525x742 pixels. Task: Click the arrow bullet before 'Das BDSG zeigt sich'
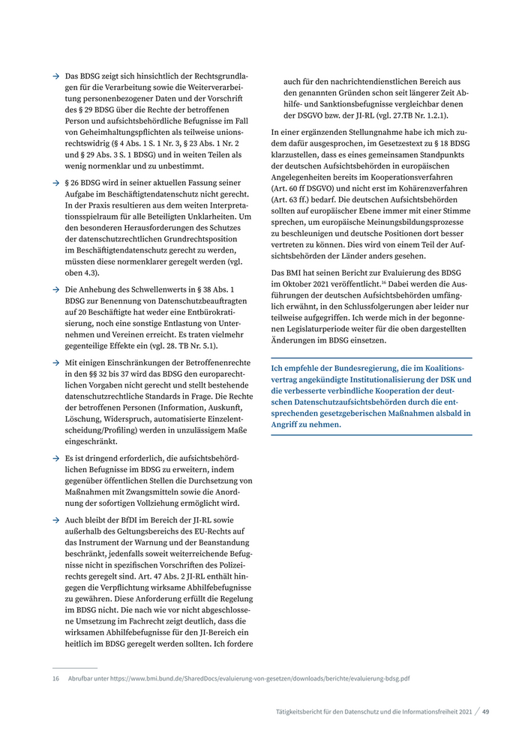pyautogui.click(x=56, y=76)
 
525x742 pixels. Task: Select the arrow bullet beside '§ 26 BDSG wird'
pyautogui.click(x=56, y=183)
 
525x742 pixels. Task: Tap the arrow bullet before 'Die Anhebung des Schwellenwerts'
pyautogui.click(x=56, y=289)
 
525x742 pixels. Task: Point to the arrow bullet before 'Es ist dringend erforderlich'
pyautogui.click(x=56, y=458)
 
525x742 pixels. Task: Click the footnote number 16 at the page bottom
pyautogui.click(x=55, y=678)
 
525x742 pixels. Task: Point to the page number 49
pyautogui.click(x=486, y=711)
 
